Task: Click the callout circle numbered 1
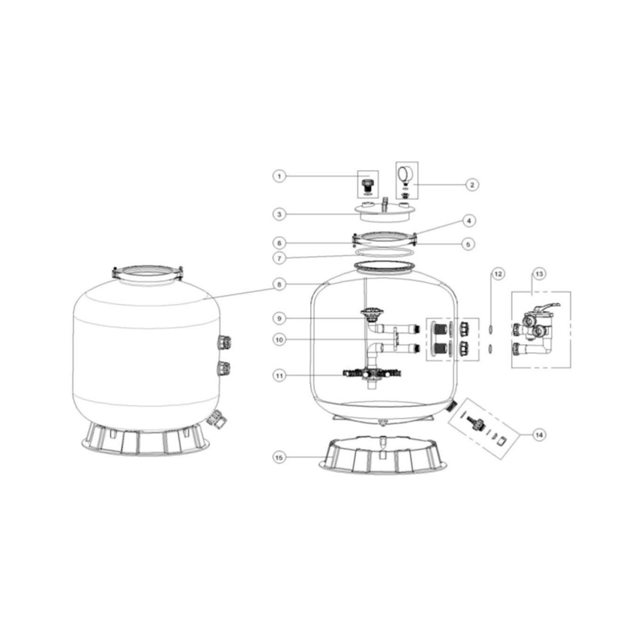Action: [279, 176]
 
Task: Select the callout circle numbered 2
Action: [472, 185]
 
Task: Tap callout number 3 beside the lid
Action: [279, 214]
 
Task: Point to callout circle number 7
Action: [279, 258]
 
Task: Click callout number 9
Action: [279, 318]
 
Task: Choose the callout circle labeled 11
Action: [279, 376]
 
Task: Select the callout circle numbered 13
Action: [539, 274]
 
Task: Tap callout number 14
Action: [539, 435]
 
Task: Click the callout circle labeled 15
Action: [279, 458]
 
